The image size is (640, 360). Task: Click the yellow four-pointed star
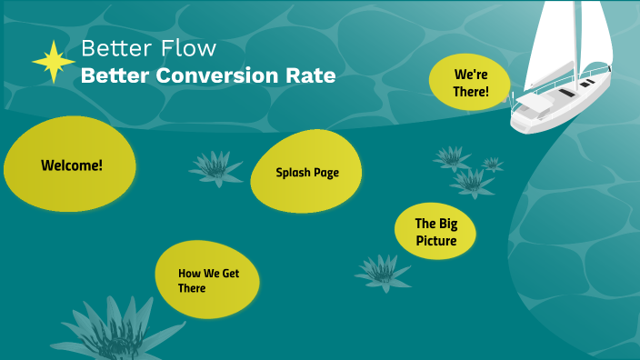[x=54, y=61]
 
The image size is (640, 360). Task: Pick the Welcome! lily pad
[x=70, y=165]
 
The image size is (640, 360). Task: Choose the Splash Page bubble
[x=306, y=173]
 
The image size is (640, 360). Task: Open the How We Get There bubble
[x=207, y=279]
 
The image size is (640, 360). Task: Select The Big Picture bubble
[x=436, y=232]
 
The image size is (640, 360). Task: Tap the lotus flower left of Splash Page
[x=215, y=167]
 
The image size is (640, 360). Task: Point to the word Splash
[x=293, y=173]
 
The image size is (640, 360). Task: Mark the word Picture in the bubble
[x=436, y=241]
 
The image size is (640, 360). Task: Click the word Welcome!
[x=72, y=165]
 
